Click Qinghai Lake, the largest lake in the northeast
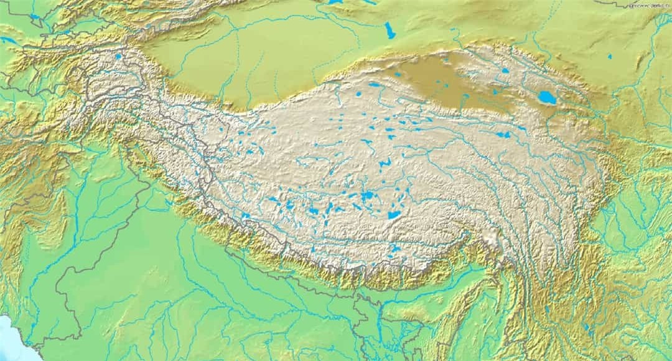(x=548, y=97)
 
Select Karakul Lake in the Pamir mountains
(x=118, y=57)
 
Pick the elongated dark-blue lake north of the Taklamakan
(x=390, y=30)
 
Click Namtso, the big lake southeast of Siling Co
(x=394, y=214)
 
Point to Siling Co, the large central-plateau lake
(x=367, y=196)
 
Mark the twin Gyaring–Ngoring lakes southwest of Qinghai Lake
(x=503, y=134)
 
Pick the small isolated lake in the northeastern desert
(x=610, y=57)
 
